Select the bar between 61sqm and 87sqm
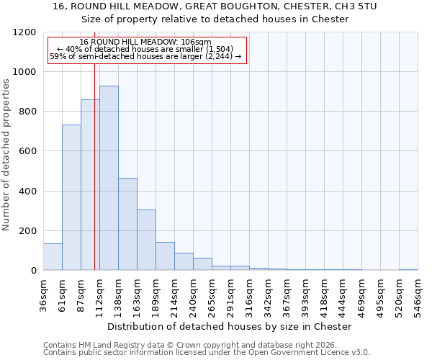(x=71, y=197)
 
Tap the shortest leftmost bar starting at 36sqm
(x=53, y=256)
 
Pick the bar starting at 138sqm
(x=127, y=224)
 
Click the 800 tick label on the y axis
(x=27, y=112)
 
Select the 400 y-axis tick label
(x=27, y=191)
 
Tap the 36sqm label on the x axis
(x=44, y=295)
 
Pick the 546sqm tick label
(x=418, y=295)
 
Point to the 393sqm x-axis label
(x=306, y=295)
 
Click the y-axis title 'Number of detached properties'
(x=6, y=155)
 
